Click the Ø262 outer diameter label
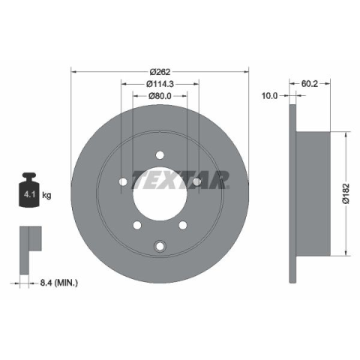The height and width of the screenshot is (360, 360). click(160, 72)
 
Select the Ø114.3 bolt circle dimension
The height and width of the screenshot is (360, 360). click(160, 84)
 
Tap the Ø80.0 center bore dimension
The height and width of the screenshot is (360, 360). click(160, 96)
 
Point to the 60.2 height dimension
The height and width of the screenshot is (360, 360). click(310, 84)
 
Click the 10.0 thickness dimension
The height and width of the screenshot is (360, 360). click(269, 95)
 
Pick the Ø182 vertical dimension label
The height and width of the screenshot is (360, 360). click(346, 193)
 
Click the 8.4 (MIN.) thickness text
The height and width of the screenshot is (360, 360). click(59, 283)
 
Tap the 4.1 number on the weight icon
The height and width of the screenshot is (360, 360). click(29, 194)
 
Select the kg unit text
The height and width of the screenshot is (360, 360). click(46, 195)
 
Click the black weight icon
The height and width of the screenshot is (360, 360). click(29, 190)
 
